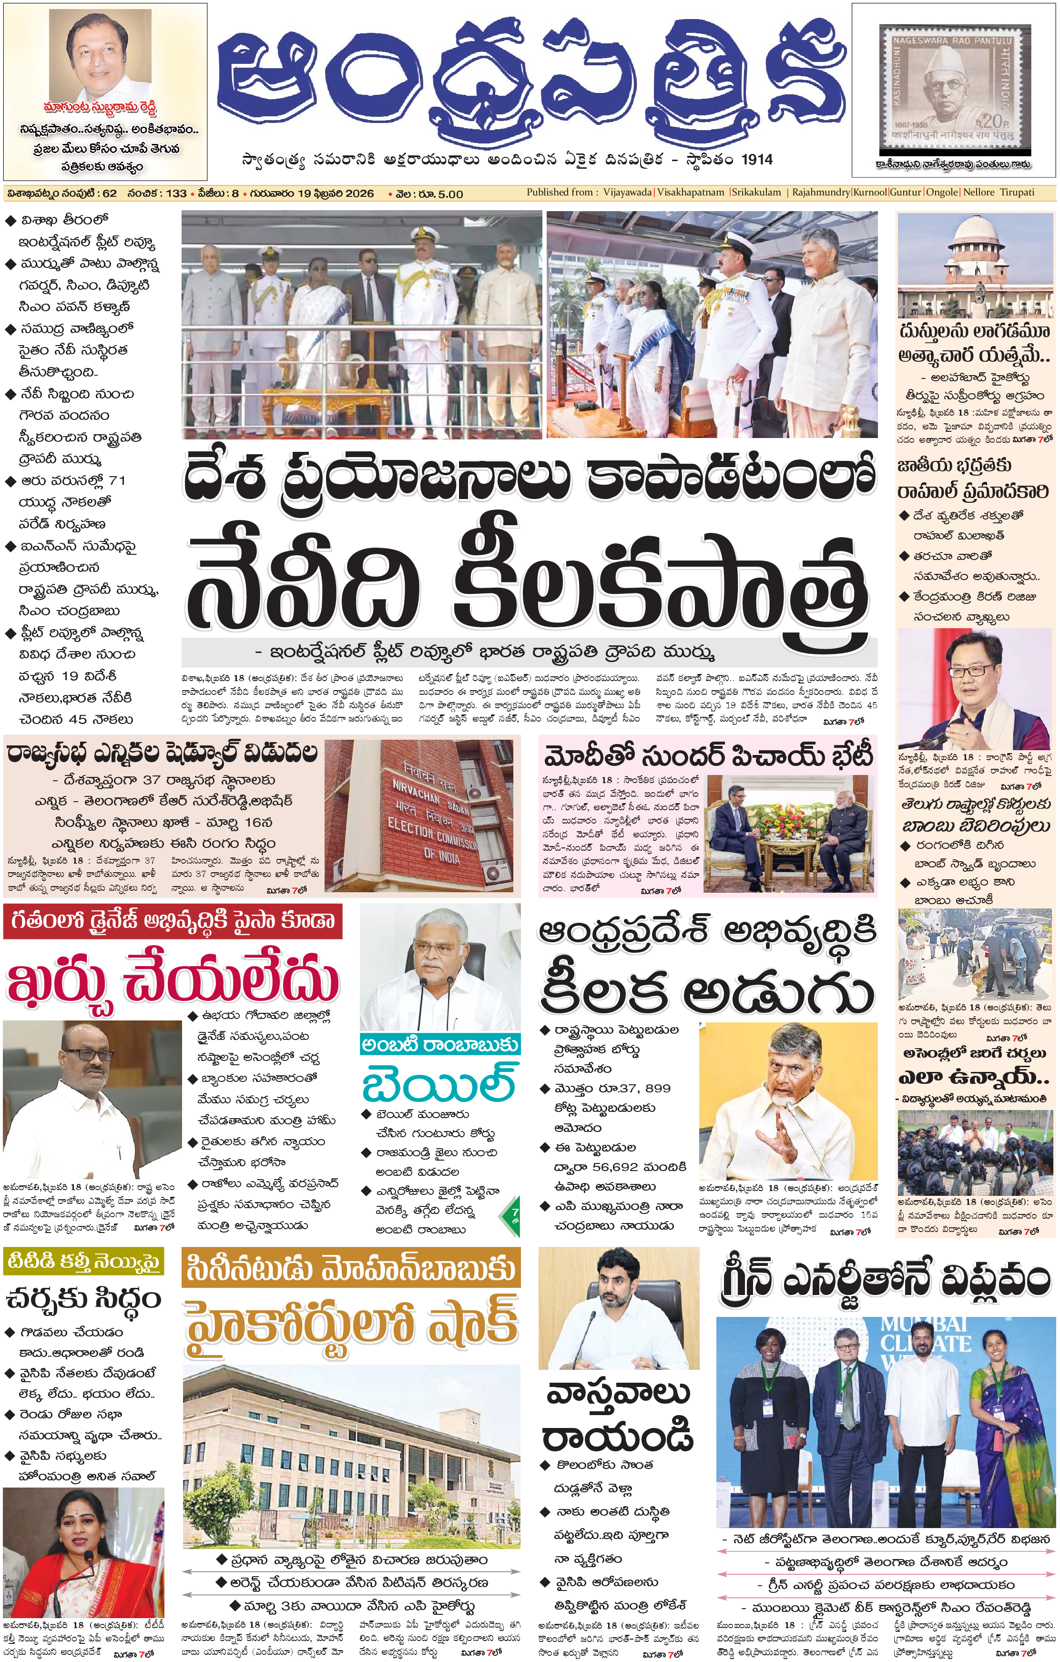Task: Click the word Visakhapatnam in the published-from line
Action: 691,193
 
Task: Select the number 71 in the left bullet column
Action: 117,480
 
